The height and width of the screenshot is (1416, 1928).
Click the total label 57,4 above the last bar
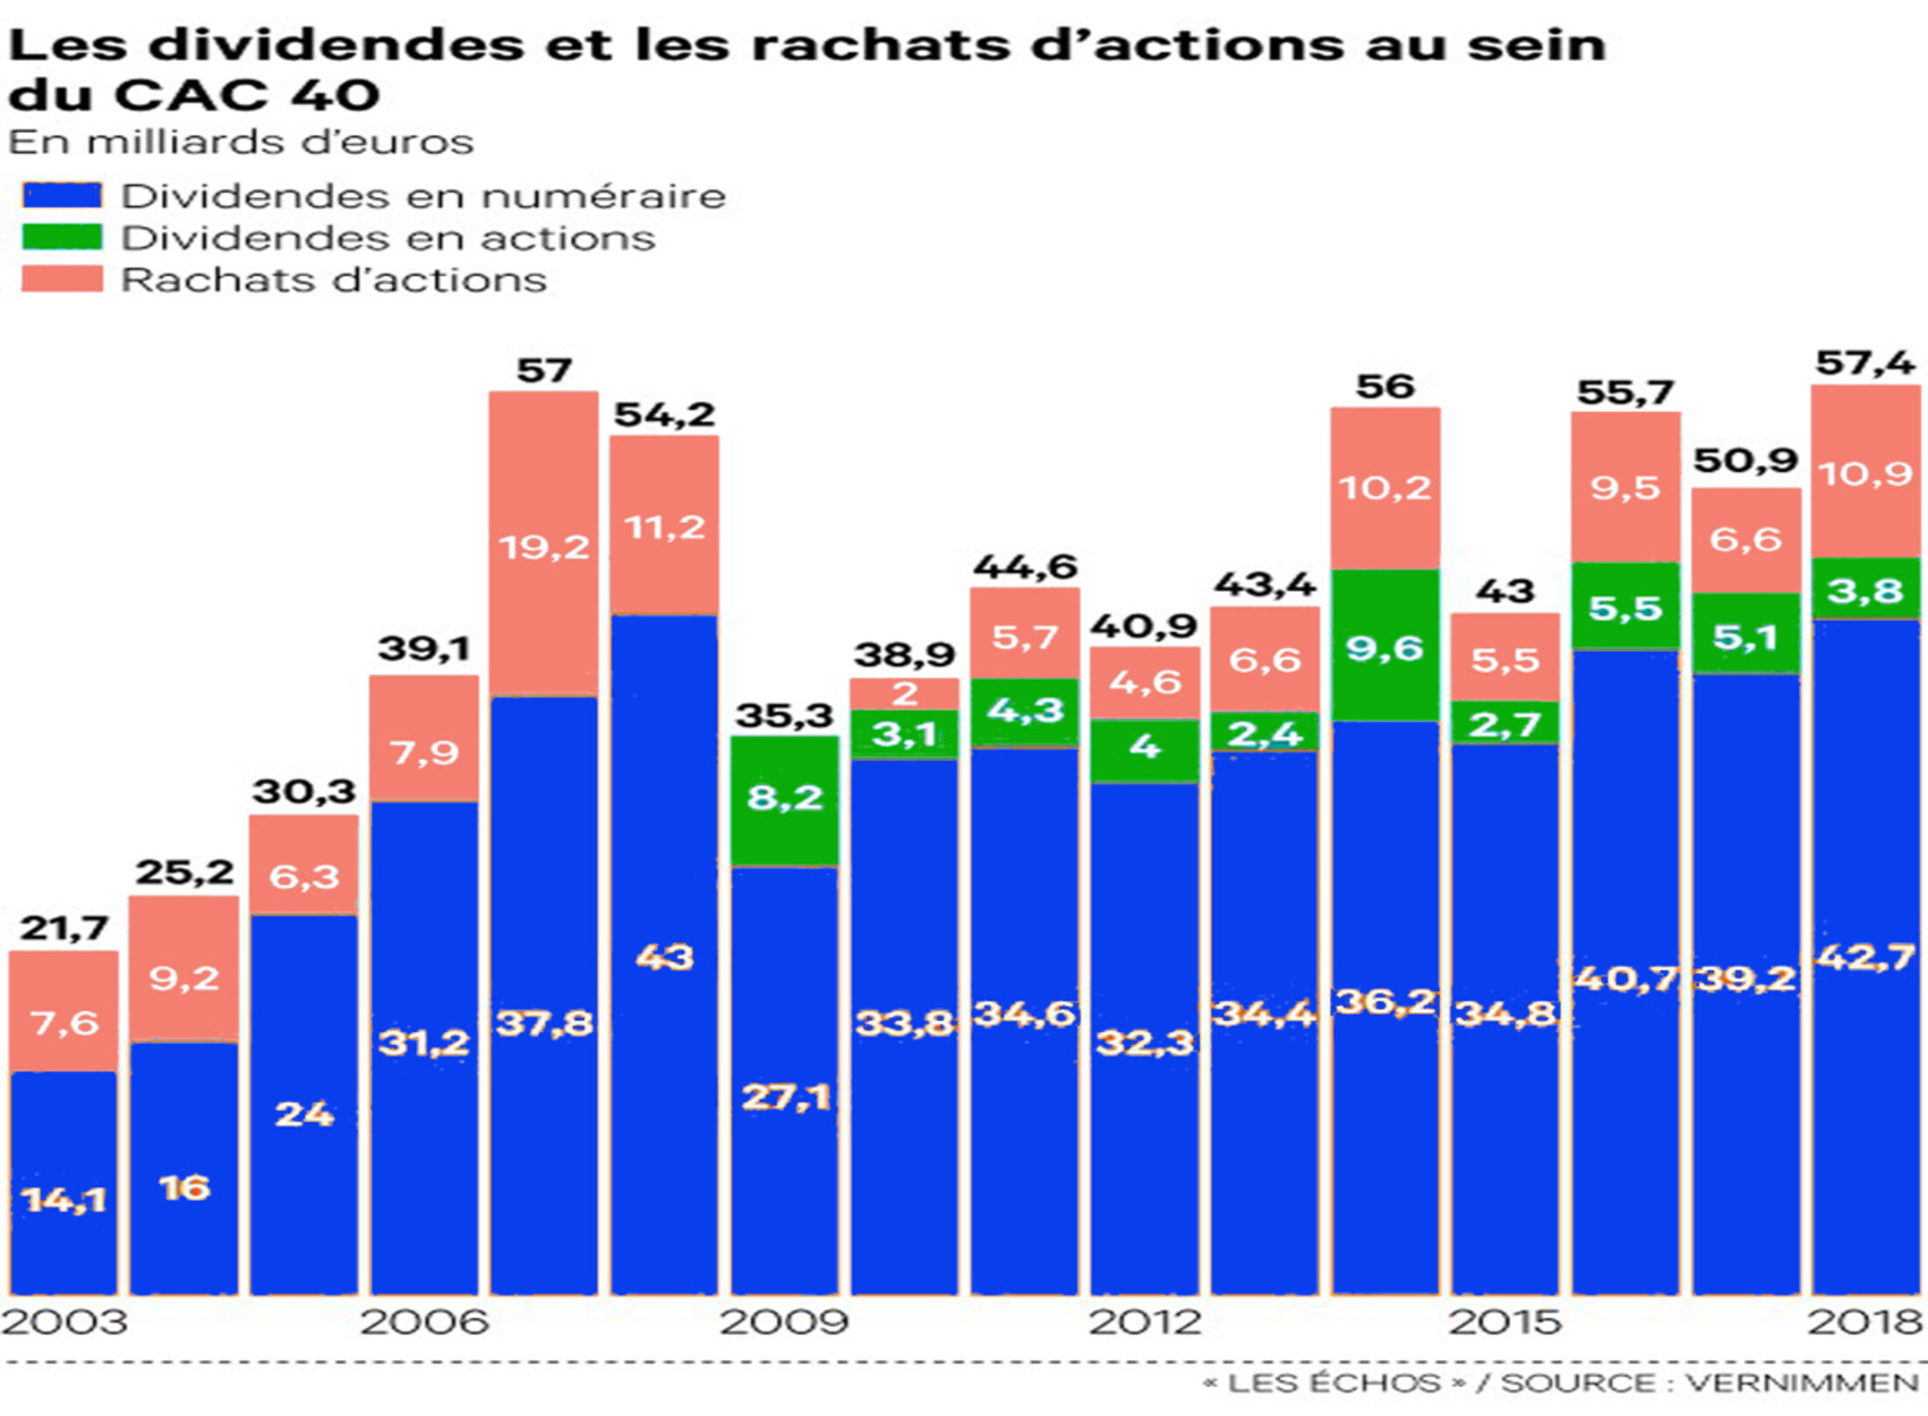point(1865,363)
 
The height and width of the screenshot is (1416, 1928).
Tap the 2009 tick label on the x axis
point(784,1322)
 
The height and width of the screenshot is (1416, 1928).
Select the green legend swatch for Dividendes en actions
point(62,238)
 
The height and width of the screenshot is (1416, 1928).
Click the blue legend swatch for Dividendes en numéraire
point(62,196)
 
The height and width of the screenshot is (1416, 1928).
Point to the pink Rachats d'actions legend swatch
point(62,279)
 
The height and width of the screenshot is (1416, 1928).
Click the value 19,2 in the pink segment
point(544,548)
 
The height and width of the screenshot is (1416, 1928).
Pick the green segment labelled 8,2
point(785,800)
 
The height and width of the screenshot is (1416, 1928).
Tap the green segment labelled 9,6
point(1385,646)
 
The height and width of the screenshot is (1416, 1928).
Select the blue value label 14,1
point(64,1199)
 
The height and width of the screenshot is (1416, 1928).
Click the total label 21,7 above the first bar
point(64,928)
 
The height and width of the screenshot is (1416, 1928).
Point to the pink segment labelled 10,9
point(1865,473)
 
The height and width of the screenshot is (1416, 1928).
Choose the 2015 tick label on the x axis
point(1505,1322)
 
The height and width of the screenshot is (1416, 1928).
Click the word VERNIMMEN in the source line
point(1802,1384)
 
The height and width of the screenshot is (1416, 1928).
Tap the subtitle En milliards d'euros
point(241,142)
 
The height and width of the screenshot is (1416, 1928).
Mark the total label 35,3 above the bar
point(784,715)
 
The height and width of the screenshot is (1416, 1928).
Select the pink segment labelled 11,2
point(664,526)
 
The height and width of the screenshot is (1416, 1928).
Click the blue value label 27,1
point(785,1097)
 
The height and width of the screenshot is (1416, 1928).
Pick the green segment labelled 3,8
point(1865,589)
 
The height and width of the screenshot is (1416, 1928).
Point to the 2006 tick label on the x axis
point(424,1322)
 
